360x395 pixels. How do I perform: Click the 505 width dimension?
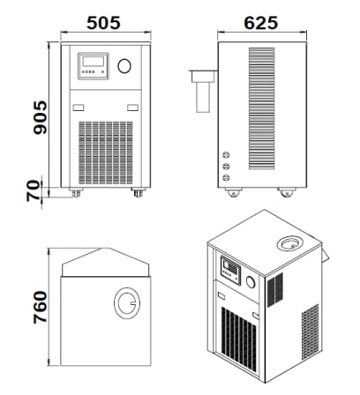[x=103, y=23]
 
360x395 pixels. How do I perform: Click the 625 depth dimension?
[x=261, y=23]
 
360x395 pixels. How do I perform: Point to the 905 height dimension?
[x=40, y=117]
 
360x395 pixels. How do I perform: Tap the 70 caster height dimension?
[x=33, y=190]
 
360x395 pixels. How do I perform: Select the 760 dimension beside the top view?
[x=40, y=307]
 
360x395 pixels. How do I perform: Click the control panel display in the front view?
[x=94, y=66]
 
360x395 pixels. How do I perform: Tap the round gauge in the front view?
[x=124, y=66]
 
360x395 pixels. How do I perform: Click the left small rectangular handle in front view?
[x=79, y=108]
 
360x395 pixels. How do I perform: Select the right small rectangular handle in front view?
[x=132, y=108]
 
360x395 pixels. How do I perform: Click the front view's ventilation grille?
[x=106, y=153]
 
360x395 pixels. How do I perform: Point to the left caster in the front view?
[x=76, y=192]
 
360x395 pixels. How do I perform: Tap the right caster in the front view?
[x=138, y=192]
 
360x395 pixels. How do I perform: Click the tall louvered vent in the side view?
[x=261, y=108]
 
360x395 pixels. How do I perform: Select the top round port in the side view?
[x=226, y=155]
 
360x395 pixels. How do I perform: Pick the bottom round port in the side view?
[x=226, y=177]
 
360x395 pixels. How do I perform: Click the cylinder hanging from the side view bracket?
[x=203, y=97]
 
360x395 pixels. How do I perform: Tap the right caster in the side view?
[x=287, y=192]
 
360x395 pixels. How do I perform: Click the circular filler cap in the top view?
[x=127, y=303]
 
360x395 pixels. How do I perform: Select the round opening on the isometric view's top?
[x=290, y=243]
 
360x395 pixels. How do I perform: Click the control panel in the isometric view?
[x=230, y=271]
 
